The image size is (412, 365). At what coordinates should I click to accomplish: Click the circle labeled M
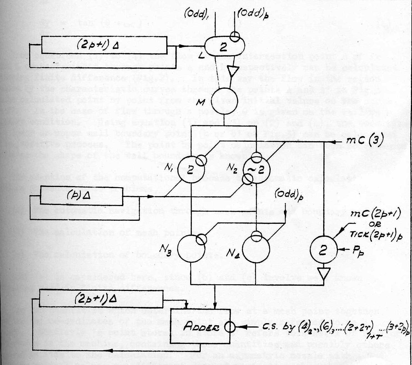[224, 101]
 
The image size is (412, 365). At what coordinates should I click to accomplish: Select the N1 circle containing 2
[191, 169]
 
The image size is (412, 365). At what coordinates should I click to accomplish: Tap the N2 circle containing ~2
[256, 170]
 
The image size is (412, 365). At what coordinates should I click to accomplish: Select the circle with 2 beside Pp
[323, 250]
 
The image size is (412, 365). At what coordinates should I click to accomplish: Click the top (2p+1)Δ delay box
[104, 45]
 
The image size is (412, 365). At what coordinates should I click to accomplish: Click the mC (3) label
[365, 140]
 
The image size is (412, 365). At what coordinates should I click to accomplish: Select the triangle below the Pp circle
[324, 274]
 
